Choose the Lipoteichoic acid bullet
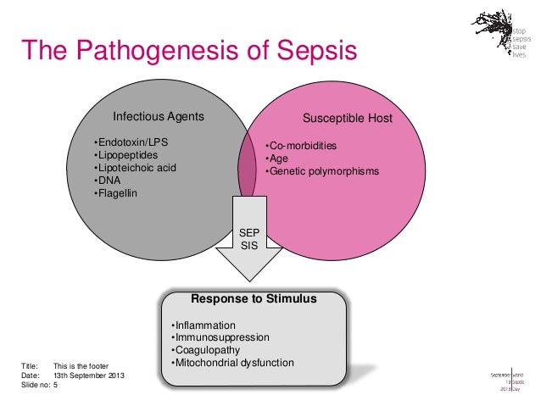tap(135, 167)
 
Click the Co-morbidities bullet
tap(301, 145)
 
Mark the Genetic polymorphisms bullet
tap(322, 172)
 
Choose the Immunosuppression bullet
tap(220, 337)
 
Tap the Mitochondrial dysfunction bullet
tap(231, 363)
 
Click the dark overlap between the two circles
tap(247, 165)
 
